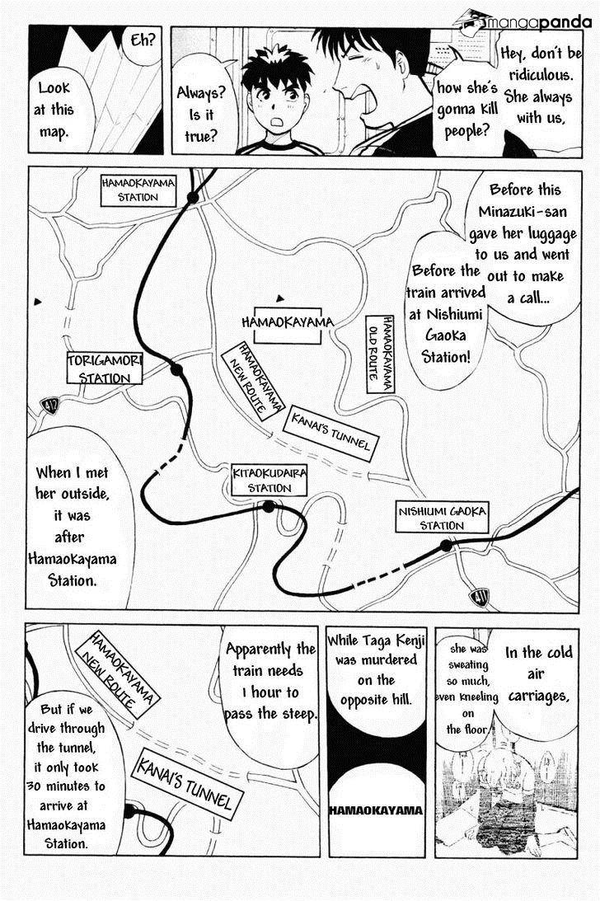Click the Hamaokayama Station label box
tap(138, 190)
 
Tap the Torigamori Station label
tap(104, 368)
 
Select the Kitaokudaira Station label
tap(269, 481)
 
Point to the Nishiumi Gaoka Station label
tap(442, 517)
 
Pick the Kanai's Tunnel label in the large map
tap(330, 433)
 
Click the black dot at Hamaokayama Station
tap(193, 198)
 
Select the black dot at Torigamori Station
tap(177, 369)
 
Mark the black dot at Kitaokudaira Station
tap(269, 506)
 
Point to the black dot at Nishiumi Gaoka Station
tap(446, 546)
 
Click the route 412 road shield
tap(50, 406)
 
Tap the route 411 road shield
tap(478, 598)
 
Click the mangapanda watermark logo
tap(523, 22)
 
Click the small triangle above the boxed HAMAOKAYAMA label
tap(280, 298)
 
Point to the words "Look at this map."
tap(54, 110)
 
